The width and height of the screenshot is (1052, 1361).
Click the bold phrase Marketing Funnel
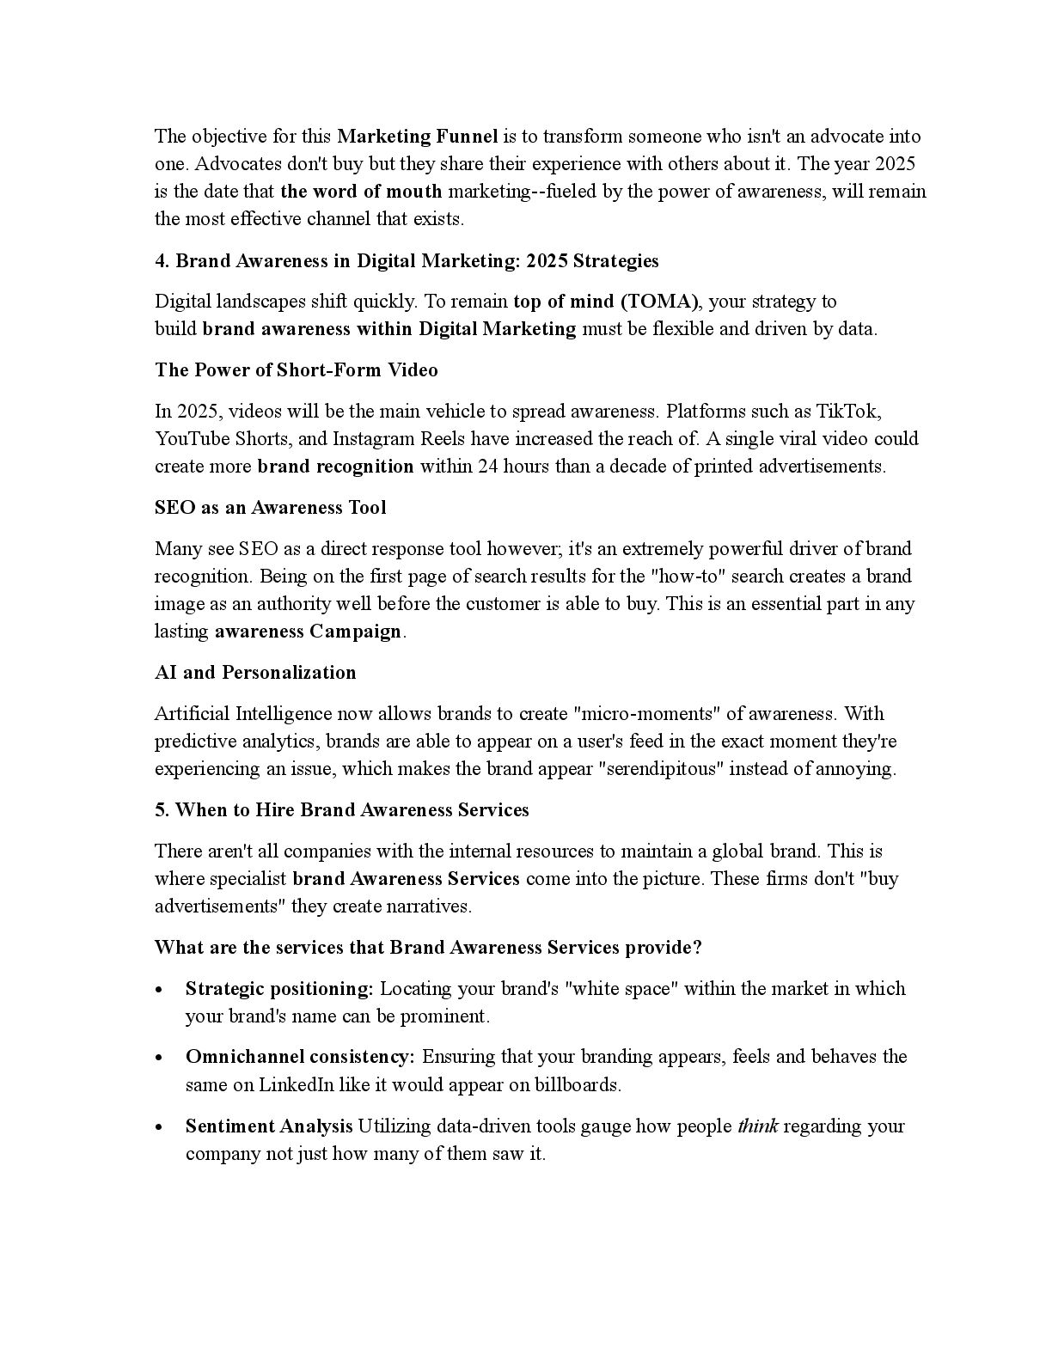coord(418,136)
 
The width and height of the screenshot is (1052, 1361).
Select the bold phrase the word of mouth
coord(361,191)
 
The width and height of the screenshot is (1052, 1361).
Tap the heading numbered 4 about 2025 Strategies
coord(407,260)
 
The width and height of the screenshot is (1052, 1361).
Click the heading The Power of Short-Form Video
coord(297,369)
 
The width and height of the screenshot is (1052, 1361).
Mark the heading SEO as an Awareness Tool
coord(271,507)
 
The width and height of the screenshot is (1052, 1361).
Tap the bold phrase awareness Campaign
coord(308,631)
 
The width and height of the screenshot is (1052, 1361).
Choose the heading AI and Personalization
coord(255,672)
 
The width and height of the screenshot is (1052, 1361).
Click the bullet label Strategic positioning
coord(279,988)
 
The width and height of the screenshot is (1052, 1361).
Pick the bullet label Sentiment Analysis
coord(269,1126)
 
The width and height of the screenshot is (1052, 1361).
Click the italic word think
coord(758,1126)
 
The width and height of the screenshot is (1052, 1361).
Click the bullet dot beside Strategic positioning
coord(160,990)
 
